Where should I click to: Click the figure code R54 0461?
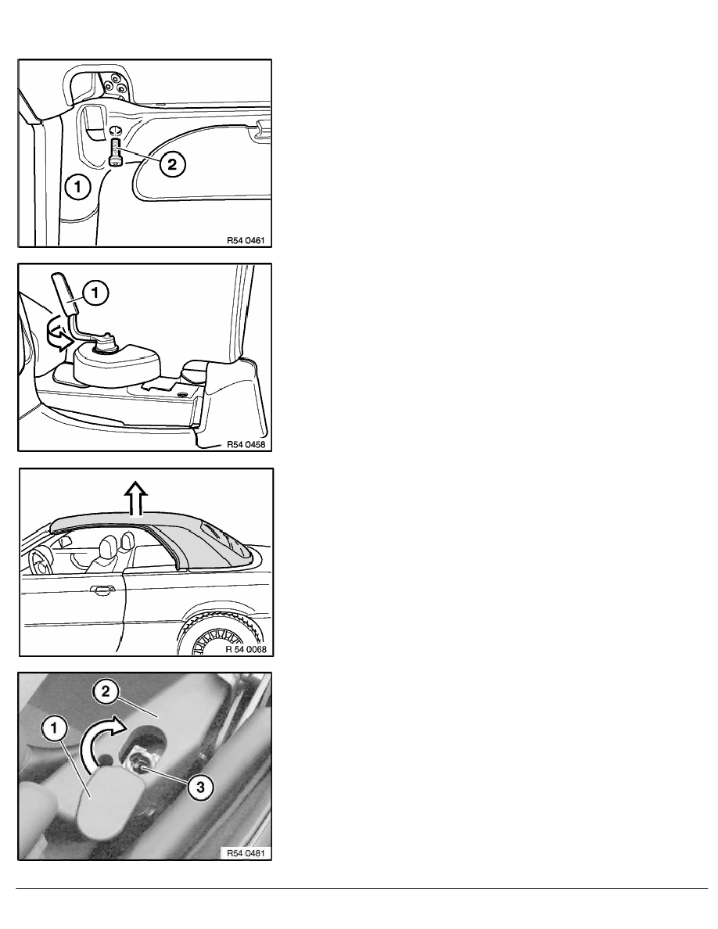click(x=246, y=241)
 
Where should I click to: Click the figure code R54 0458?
click(x=246, y=444)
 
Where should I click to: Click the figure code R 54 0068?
click(x=246, y=649)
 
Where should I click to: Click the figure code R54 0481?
click(x=246, y=853)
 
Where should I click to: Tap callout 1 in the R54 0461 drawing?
click(x=77, y=188)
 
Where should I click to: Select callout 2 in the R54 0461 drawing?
click(x=172, y=164)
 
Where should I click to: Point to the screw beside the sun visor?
click(x=116, y=152)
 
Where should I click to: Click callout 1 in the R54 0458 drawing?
click(x=96, y=292)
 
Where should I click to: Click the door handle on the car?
click(x=102, y=589)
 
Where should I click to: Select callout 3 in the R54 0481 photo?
click(x=200, y=787)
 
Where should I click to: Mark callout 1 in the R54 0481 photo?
click(x=54, y=728)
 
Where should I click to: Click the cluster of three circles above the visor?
click(x=115, y=84)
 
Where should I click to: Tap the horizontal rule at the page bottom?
click(x=362, y=888)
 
